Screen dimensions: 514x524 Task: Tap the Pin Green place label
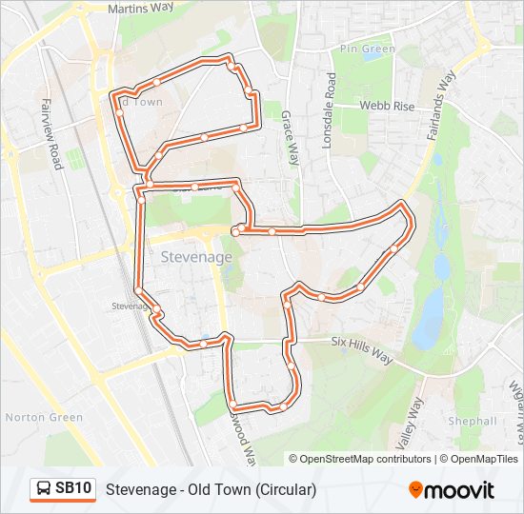pyautogui.click(x=367, y=48)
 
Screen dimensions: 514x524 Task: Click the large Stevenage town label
pyautogui.click(x=195, y=258)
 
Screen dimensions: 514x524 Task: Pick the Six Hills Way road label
pyautogui.click(x=362, y=348)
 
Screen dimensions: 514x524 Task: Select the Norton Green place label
pyautogui.click(x=44, y=417)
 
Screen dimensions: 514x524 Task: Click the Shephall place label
pyautogui.click(x=473, y=421)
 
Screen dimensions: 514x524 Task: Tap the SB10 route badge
pyautogui.click(x=73, y=489)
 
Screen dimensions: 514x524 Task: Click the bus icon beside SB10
pyautogui.click(x=44, y=489)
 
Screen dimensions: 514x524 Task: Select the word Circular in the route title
pyautogui.click(x=284, y=489)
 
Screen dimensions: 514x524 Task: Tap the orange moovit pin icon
pyautogui.click(x=415, y=490)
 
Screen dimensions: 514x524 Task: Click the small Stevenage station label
pyautogui.click(x=131, y=306)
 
